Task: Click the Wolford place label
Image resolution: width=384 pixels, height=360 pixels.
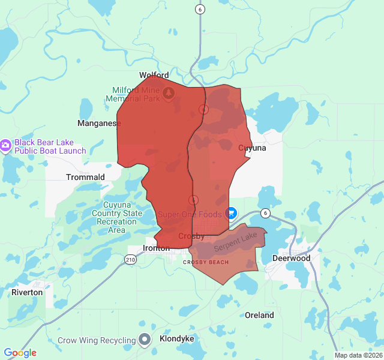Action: pyautogui.click(x=154, y=76)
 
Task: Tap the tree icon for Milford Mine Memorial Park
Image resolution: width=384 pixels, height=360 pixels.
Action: pyautogui.click(x=169, y=92)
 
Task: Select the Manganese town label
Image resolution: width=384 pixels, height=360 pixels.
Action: pyautogui.click(x=99, y=123)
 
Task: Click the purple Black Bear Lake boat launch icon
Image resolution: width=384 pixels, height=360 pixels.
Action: pyautogui.click(x=5, y=145)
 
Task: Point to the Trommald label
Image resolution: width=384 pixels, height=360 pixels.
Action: pyautogui.click(x=85, y=177)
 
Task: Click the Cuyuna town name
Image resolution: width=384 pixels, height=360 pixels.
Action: pyautogui.click(x=252, y=148)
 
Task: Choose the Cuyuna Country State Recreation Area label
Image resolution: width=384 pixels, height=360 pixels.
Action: pyautogui.click(x=117, y=217)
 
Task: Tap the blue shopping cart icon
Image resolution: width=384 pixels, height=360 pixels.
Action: pyautogui.click(x=230, y=214)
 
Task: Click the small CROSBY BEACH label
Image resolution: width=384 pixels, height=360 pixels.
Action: pyautogui.click(x=206, y=262)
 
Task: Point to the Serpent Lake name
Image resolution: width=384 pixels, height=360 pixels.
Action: pyautogui.click(x=235, y=242)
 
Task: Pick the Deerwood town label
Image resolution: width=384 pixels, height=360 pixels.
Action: pyautogui.click(x=292, y=258)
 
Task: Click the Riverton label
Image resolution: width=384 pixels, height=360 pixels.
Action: pyautogui.click(x=27, y=292)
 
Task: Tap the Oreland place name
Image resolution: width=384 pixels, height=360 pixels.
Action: pyautogui.click(x=259, y=315)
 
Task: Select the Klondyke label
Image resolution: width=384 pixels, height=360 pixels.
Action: pyautogui.click(x=177, y=338)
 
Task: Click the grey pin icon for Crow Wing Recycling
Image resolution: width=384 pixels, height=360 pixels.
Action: pyautogui.click(x=145, y=340)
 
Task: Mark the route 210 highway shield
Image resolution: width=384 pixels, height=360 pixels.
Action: pyautogui.click(x=130, y=259)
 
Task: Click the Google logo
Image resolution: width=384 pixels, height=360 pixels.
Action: pyautogui.click(x=20, y=353)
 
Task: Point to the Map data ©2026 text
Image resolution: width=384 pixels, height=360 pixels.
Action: pyautogui.click(x=358, y=355)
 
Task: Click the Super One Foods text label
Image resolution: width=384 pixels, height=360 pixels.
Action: pyautogui.click(x=190, y=214)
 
